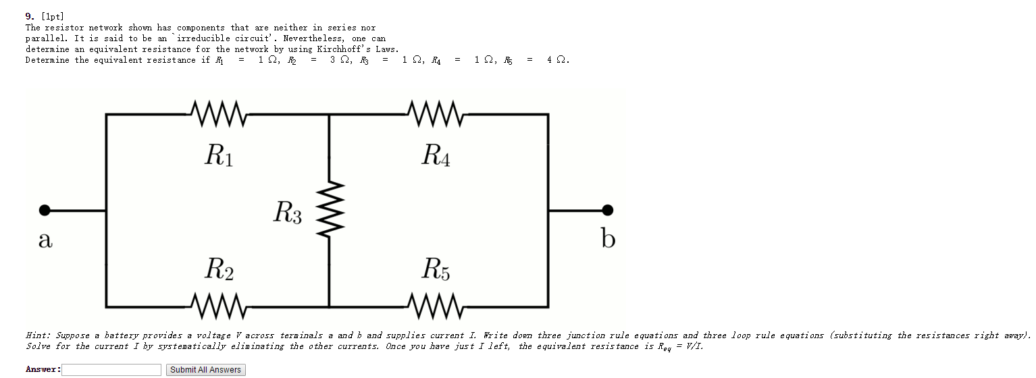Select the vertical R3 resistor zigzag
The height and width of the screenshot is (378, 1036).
[x=329, y=210]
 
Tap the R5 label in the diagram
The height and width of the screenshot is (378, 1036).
[x=436, y=269]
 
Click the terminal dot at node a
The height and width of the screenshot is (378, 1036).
[x=45, y=210]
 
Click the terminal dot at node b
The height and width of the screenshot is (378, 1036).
[x=608, y=210]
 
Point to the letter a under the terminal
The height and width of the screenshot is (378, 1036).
[x=45, y=240]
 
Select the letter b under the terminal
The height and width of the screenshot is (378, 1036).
[x=608, y=238]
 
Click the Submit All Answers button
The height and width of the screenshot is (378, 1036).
[x=205, y=370]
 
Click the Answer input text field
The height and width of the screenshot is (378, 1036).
[x=111, y=370]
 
